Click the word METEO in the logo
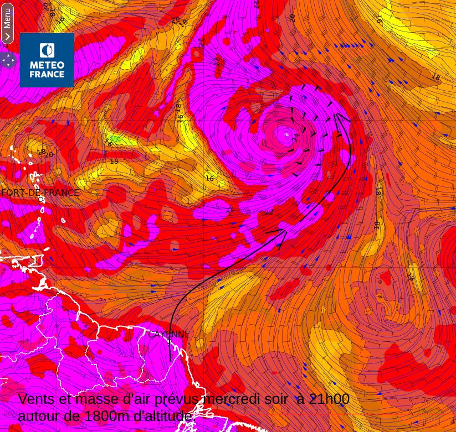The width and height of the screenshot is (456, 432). (47, 65)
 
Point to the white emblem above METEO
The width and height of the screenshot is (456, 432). (47, 51)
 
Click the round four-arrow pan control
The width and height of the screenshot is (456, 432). (8, 60)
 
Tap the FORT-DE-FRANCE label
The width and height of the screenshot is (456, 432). (40, 193)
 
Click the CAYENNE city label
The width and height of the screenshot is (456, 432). (169, 334)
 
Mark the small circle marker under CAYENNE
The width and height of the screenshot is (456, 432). (169, 341)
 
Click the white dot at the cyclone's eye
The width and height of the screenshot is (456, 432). (286, 134)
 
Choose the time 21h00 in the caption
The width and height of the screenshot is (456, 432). (329, 399)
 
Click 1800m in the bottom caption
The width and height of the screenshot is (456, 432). (107, 416)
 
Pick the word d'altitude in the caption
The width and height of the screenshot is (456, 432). (163, 416)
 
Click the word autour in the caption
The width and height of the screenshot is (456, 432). (42, 416)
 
